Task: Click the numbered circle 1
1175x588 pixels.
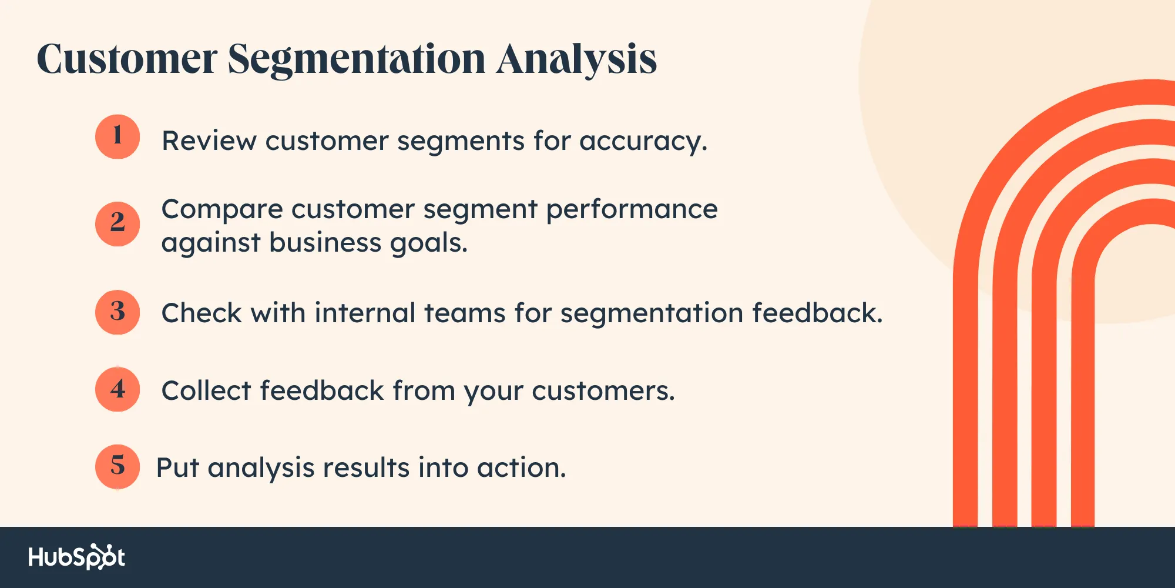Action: coord(117,136)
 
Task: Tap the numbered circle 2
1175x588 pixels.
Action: coord(117,223)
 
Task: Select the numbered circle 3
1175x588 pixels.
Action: coord(117,312)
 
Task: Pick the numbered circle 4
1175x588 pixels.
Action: coord(117,389)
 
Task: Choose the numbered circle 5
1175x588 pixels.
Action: coord(117,466)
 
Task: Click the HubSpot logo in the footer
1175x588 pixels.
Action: coord(76,557)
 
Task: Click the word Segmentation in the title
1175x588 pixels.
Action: coord(357,61)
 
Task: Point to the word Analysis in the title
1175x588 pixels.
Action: coord(576,61)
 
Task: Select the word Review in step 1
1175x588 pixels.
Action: coord(209,141)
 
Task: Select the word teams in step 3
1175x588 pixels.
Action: coord(465,313)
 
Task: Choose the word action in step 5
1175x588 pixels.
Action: coord(522,468)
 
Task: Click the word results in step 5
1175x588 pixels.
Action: coord(366,468)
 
